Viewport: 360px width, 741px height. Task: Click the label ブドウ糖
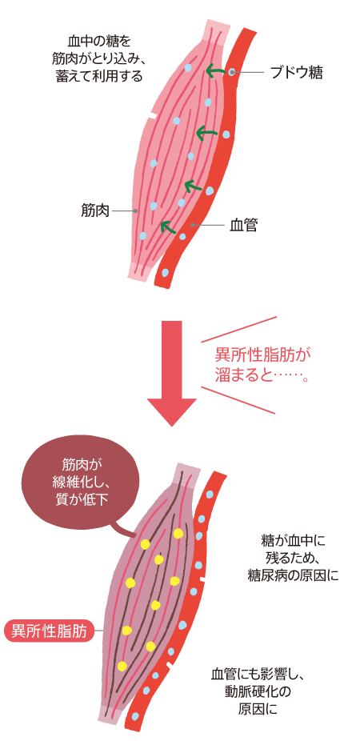point(295,72)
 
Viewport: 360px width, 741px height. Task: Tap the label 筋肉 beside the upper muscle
point(94,210)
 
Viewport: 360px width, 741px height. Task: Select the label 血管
point(243,226)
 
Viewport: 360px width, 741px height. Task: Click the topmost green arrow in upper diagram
point(214,71)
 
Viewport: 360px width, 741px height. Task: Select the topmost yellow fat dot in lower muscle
point(178,533)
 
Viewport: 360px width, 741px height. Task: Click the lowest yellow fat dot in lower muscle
point(122,666)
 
